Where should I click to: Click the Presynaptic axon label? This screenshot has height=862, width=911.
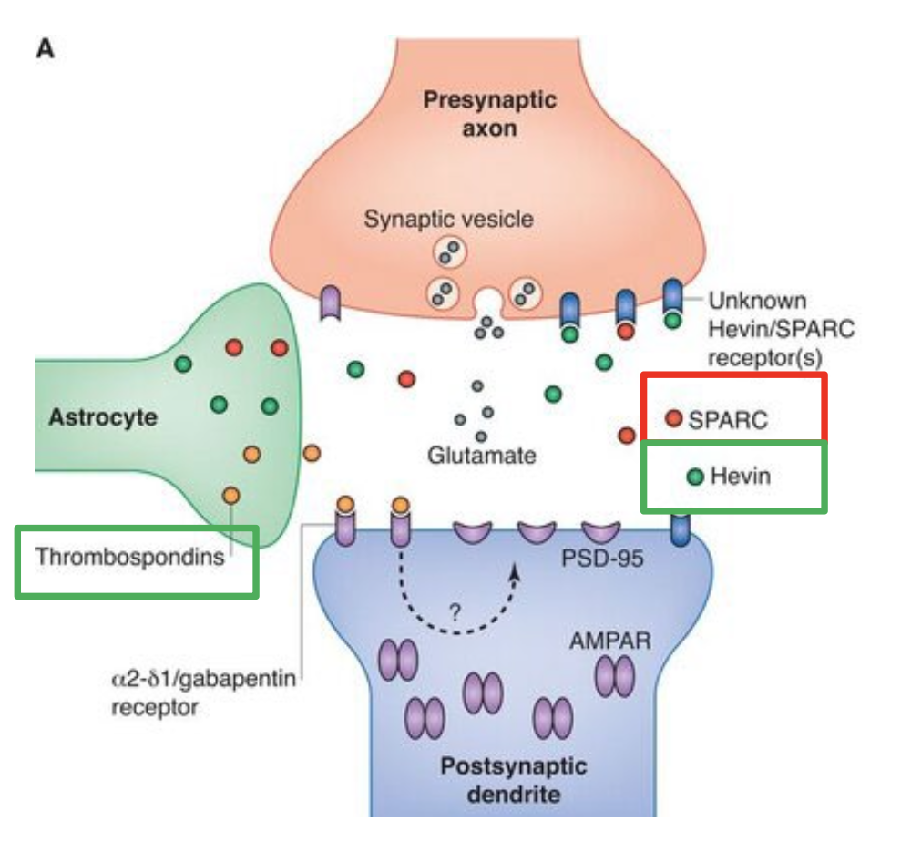pos(489,113)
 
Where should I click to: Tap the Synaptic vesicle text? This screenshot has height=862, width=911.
pos(448,219)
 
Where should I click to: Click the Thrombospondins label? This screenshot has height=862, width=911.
pos(129,556)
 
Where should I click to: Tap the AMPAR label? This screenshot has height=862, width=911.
pos(610,641)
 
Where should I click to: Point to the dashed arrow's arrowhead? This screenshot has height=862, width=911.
pos(517,570)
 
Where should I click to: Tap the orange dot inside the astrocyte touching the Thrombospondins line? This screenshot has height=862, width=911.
pos(231,494)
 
